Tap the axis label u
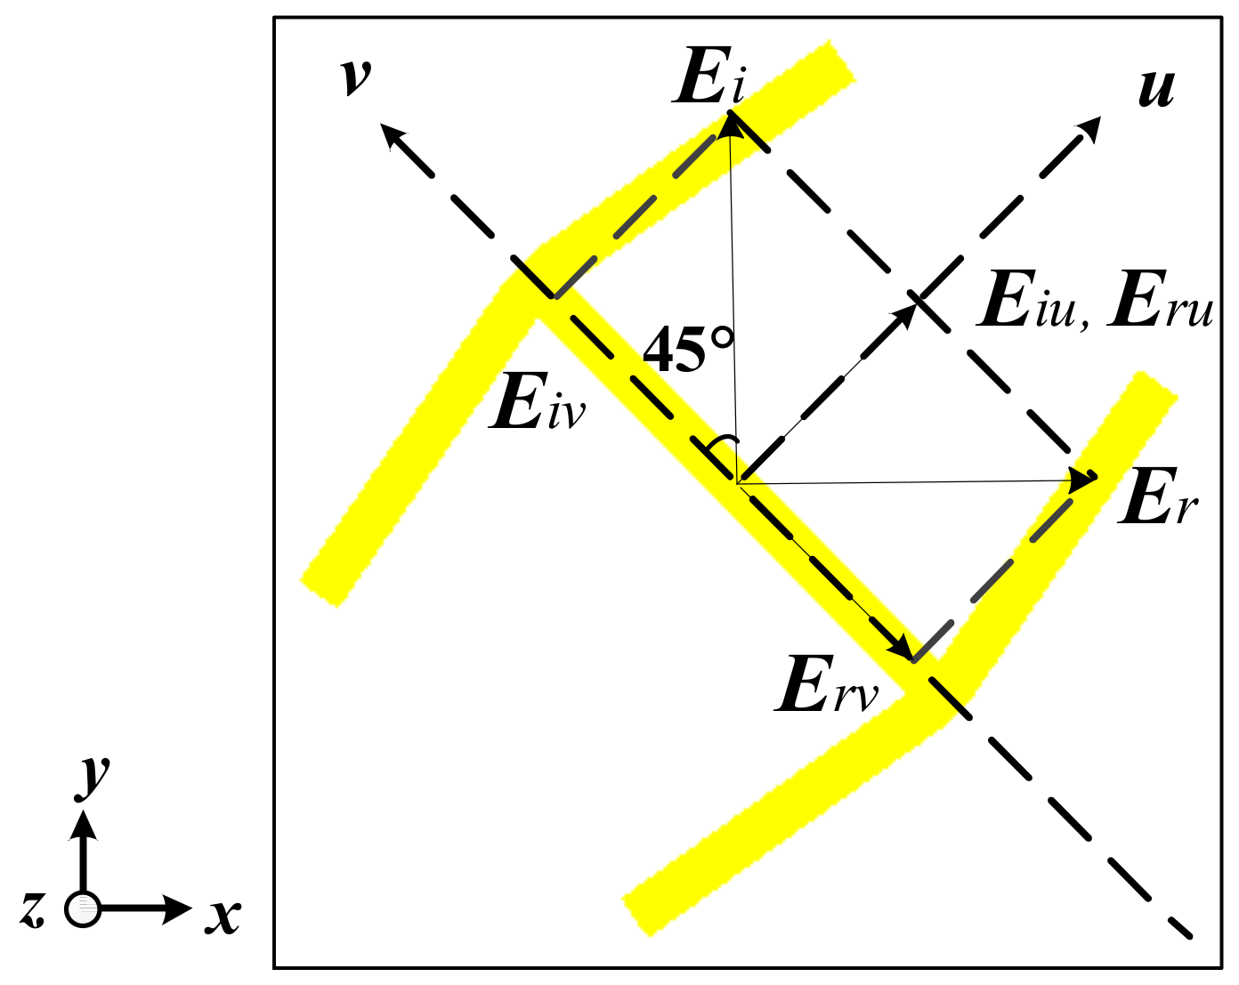point(1156,89)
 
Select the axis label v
point(355,77)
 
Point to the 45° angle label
point(688,350)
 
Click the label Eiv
point(537,403)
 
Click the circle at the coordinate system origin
point(83,908)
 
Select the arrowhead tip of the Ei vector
point(731,125)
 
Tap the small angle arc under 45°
point(723,442)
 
